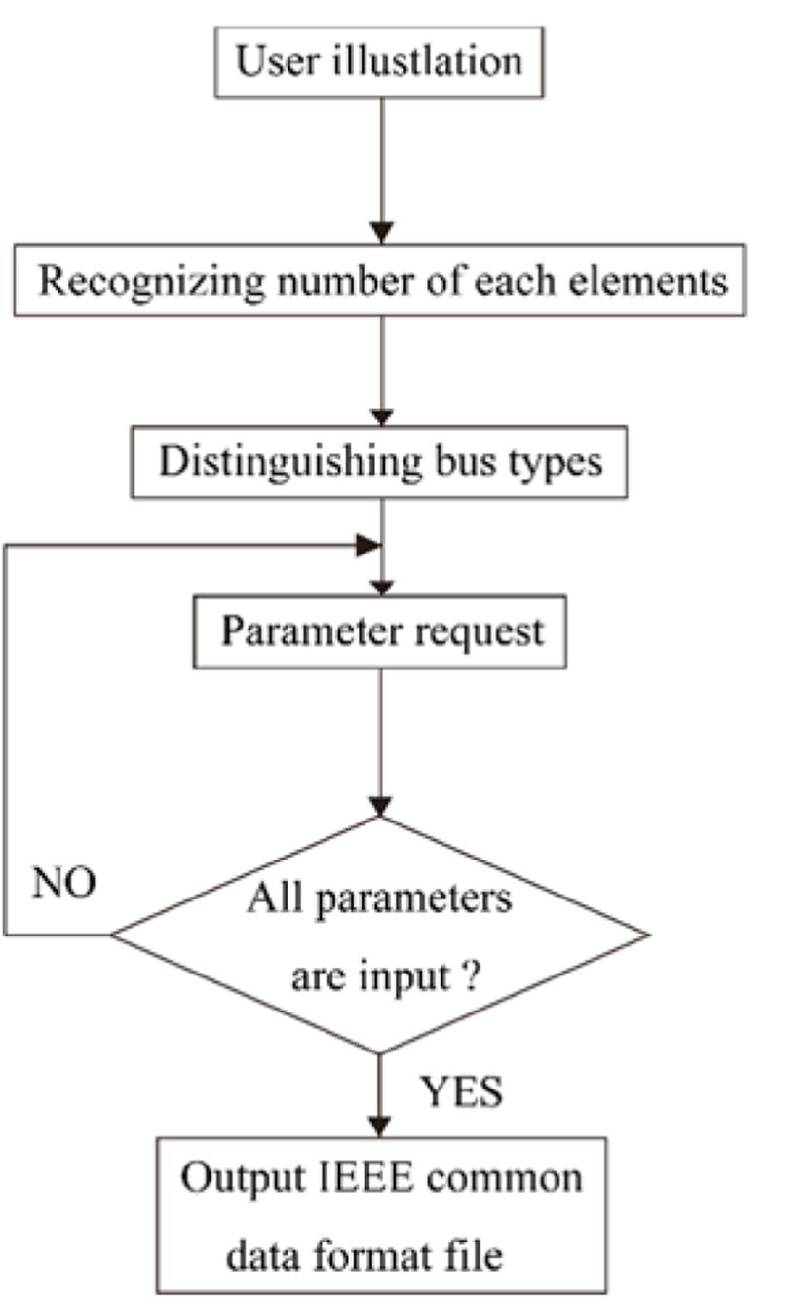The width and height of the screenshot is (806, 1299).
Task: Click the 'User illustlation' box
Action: point(379,61)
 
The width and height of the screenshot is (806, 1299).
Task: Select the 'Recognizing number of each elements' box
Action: point(380,281)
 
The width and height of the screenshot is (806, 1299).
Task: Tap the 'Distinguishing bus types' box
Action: point(380,461)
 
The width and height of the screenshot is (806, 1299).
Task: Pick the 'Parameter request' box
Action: point(380,631)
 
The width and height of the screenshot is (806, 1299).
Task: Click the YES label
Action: point(462,1092)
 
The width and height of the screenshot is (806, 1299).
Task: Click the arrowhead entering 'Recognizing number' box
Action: point(382,232)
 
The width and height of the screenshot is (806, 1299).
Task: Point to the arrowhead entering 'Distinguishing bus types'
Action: point(382,416)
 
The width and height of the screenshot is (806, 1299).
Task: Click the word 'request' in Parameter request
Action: point(478,631)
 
